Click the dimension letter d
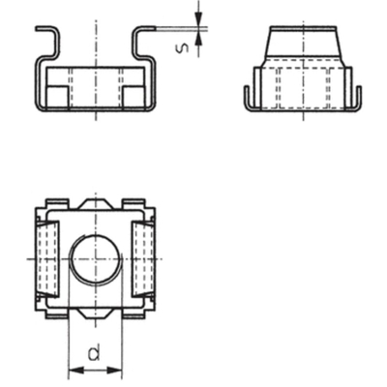(94, 354)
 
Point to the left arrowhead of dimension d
(73, 369)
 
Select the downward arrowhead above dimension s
(198, 21)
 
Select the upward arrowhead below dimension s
(198, 41)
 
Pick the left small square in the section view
(57, 96)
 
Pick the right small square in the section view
(132, 96)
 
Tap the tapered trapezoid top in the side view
(301, 45)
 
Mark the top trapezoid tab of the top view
(94, 204)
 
